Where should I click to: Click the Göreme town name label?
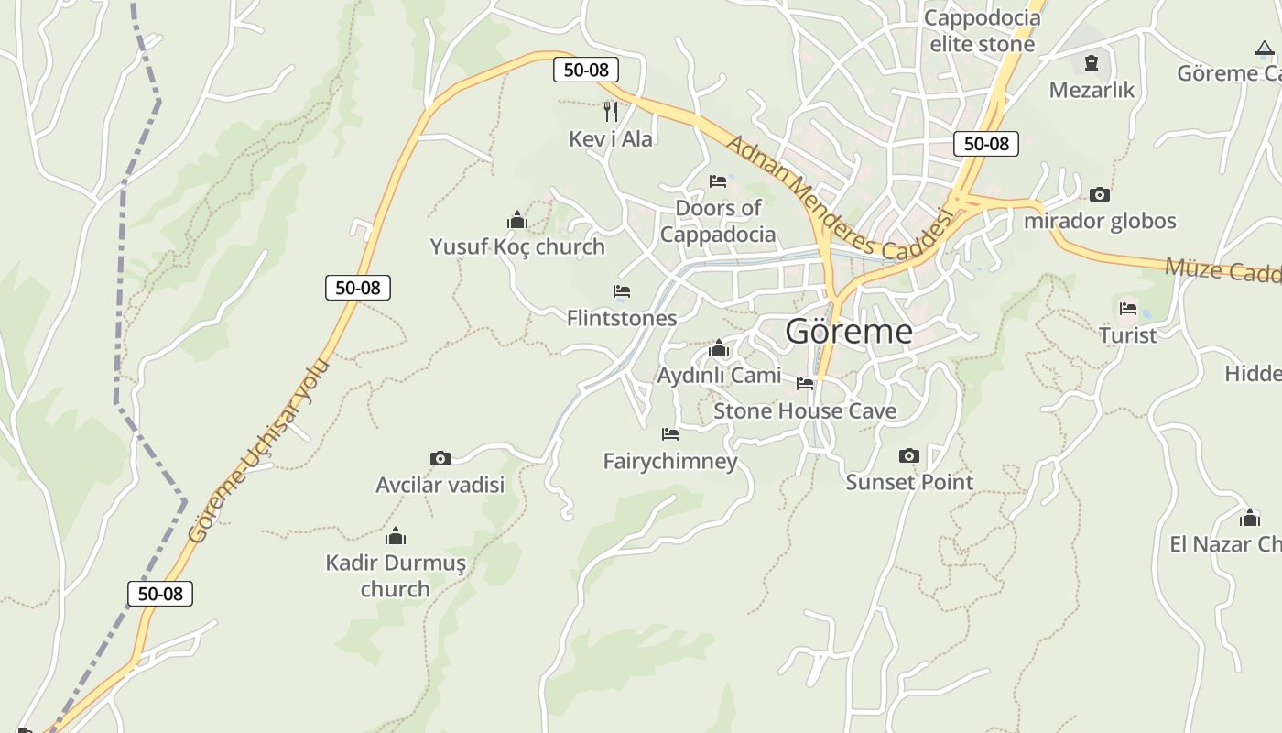[849, 331]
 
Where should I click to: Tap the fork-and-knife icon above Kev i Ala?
[611, 112]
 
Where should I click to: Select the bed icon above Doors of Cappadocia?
[718, 181]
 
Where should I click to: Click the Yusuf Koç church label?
[517, 246]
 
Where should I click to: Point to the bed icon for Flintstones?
[622, 291]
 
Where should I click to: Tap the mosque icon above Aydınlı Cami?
[719, 349]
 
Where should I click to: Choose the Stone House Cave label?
[805, 410]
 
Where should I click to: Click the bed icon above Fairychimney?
[670, 434]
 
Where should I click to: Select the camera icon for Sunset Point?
[908, 455]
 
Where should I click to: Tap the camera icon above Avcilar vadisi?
[440, 458]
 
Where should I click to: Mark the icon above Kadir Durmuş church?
[396, 536]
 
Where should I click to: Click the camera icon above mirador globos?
[1100, 194]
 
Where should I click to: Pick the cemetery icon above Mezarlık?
[1092, 63]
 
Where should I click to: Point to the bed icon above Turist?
[1128, 309]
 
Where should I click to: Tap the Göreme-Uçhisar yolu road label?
[258, 449]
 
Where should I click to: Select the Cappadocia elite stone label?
[983, 30]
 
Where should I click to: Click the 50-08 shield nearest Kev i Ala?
[586, 69]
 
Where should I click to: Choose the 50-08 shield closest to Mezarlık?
[986, 143]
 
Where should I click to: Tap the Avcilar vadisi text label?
[440, 484]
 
